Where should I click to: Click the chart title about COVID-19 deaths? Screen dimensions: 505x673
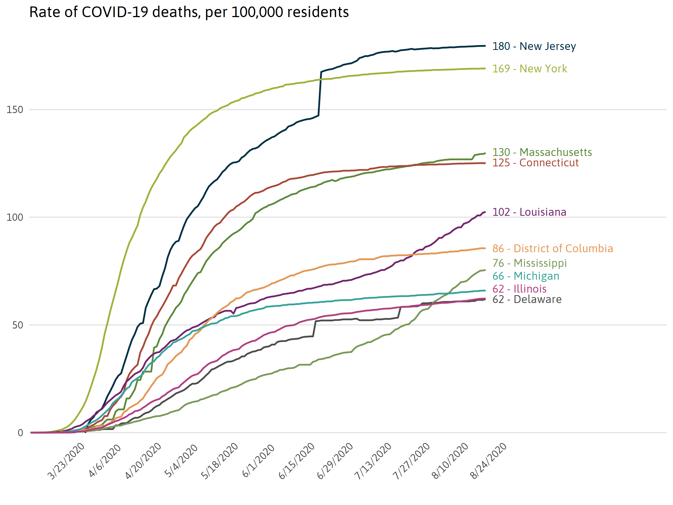[x=189, y=12]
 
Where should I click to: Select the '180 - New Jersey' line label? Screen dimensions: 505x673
[x=534, y=46]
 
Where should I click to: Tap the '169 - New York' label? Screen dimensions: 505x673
[x=529, y=69]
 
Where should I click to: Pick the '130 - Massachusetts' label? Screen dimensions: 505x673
[x=542, y=152]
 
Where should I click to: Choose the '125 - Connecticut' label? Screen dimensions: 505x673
[x=535, y=163]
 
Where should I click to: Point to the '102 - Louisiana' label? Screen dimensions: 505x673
[x=529, y=212]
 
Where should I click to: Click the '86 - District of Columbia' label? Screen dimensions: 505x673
[x=552, y=249]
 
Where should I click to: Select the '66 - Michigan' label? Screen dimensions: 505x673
[x=526, y=276]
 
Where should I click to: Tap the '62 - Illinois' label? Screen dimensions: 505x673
[x=519, y=289]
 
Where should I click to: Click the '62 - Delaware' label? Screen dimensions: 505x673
[x=527, y=300]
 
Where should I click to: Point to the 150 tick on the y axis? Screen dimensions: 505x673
[x=15, y=110]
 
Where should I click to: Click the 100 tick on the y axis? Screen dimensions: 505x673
[x=15, y=218]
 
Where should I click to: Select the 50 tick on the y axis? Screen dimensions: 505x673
[x=17, y=325]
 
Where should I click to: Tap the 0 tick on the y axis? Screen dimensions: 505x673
[x=20, y=433]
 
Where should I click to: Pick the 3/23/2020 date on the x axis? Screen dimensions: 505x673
[x=66, y=462]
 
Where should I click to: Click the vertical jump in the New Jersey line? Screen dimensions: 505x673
[x=320, y=94]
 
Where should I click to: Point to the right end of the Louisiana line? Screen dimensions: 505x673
[x=485, y=212]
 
